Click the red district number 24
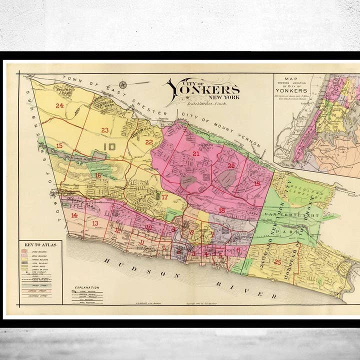(x=60, y=105)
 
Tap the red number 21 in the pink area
(x=196, y=153)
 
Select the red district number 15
(x=59, y=145)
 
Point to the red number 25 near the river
(x=277, y=261)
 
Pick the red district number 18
(x=221, y=210)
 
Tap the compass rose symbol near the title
(x=122, y=85)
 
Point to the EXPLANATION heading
(x=86, y=287)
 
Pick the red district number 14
(x=74, y=215)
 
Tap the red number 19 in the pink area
(x=257, y=184)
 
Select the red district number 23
(x=104, y=130)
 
